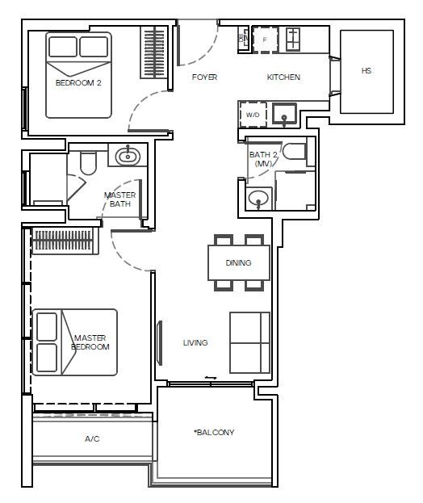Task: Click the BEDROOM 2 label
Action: click(78, 83)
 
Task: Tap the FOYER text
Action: click(204, 77)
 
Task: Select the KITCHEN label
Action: click(283, 77)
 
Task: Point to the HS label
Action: click(366, 70)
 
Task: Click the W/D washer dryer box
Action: click(253, 115)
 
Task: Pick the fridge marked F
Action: click(265, 40)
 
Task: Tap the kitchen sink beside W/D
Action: click(284, 114)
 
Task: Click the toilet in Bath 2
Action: click(295, 151)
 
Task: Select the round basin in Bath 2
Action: click(258, 199)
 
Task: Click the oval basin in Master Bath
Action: click(128, 156)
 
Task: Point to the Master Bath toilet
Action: click(88, 163)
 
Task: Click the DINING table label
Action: click(238, 262)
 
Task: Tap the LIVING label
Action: click(195, 342)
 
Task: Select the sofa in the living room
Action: click(249, 342)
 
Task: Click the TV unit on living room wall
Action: click(159, 342)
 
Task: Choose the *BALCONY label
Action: click(214, 432)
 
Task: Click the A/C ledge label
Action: click(92, 438)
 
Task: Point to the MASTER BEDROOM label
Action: click(90, 342)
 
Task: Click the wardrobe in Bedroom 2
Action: click(154, 52)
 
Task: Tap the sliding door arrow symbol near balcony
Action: click(211, 378)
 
